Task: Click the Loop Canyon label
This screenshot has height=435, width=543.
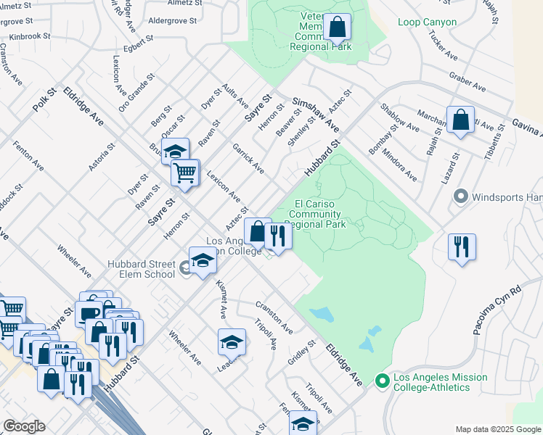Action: coord(427,22)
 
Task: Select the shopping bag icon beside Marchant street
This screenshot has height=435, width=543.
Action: coord(460,120)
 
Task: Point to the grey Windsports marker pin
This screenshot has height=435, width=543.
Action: coord(459,196)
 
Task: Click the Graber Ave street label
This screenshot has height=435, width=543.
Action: coord(468,82)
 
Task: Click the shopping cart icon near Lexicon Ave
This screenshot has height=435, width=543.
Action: coord(184,173)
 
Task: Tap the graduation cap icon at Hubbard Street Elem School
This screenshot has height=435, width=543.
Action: coord(203,261)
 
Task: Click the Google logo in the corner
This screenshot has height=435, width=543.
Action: coord(24,426)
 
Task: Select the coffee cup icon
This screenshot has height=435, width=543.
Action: coord(89,313)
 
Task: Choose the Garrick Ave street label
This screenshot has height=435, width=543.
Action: coord(248,158)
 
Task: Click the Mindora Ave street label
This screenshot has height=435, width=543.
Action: coord(399,165)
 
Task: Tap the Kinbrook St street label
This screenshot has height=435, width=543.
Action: coord(25,36)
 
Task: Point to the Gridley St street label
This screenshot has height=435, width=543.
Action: coord(298,355)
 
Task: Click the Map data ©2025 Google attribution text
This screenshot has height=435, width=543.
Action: coord(498,429)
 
